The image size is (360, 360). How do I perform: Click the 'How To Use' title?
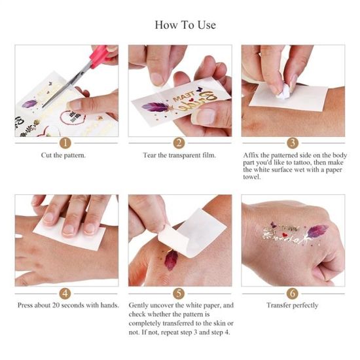pos(185,25)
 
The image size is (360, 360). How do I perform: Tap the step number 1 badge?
pos(65,143)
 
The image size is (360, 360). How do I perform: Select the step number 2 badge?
pos(179,143)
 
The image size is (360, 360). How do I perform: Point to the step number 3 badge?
pos(293,143)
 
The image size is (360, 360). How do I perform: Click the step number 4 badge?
pos(65,293)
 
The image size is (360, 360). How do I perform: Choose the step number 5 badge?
pos(179,293)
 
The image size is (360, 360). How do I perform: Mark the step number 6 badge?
pos(293,293)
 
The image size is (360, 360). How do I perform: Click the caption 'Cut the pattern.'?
pos(63,155)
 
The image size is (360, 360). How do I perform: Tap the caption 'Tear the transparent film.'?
pos(179,155)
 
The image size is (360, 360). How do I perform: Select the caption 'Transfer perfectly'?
pos(293,306)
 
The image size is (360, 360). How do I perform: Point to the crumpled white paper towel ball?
pos(283,92)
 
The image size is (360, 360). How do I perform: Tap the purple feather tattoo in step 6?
pos(317,231)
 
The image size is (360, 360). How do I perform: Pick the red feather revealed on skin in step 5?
pos(171,260)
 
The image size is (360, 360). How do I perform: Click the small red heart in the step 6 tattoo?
pos(285,235)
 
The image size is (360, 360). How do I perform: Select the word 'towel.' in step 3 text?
pos(252,177)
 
